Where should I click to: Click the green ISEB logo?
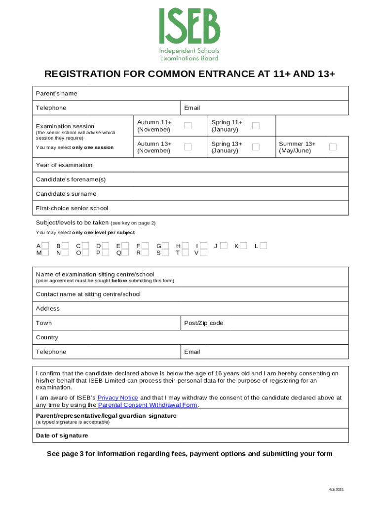coord(190,34)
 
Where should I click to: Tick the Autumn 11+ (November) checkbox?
coord(188,126)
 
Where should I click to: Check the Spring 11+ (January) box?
coord(256,126)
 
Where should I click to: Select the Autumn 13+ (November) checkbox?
coord(188,147)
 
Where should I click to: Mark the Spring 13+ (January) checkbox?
coord(256,147)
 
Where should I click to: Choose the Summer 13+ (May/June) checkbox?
coord(333,147)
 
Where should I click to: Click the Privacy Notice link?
coord(117,397)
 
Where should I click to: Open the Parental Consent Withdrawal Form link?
coord(148,405)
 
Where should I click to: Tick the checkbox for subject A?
coord(45,246)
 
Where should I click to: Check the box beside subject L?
coord(263,246)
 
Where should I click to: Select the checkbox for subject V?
coord(203,253)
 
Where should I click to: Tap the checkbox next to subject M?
coord(45,253)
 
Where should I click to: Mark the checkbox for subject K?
coord(243,246)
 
